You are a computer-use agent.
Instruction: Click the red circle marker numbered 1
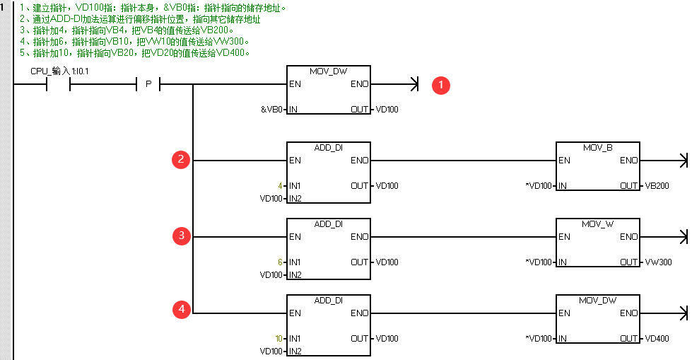[442, 85]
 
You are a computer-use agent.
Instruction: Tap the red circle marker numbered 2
[181, 160]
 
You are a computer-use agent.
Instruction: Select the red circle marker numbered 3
[181, 236]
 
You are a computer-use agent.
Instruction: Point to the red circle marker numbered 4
[181, 309]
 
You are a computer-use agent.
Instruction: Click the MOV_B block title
[597, 148]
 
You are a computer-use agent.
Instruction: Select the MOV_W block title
[597, 223]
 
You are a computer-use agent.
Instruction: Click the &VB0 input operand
[272, 110]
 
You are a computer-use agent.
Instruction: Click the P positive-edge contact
[148, 85]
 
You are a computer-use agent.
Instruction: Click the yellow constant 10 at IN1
[279, 338]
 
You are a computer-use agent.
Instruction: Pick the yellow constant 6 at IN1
[280, 262]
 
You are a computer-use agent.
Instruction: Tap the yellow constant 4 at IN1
[280, 185]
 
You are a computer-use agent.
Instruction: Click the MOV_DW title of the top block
[328, 71]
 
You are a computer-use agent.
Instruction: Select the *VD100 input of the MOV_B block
[539, 185]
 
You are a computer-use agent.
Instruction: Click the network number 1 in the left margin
[4, 7]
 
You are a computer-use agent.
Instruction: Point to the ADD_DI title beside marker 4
[328, 300]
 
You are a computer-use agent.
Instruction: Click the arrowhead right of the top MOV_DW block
[415, 85]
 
